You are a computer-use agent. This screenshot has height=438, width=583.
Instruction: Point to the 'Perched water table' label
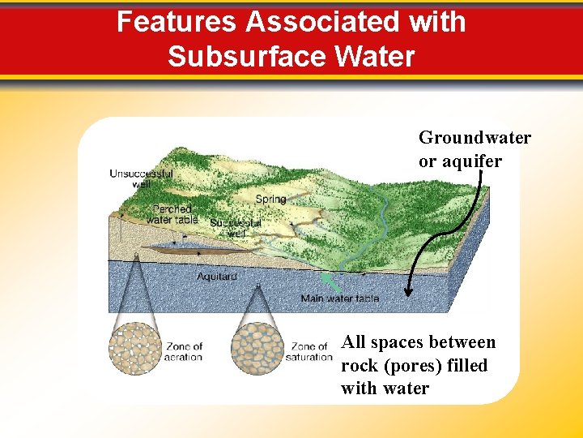(172, 214)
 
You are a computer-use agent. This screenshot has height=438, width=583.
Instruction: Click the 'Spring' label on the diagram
(270, 200)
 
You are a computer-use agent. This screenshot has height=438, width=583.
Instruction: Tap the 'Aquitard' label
(216, 277)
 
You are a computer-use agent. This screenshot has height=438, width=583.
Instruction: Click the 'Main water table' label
(339, 298)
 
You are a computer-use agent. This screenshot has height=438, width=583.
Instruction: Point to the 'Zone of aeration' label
(184, 351)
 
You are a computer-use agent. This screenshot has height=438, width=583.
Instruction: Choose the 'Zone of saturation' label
(311, 351)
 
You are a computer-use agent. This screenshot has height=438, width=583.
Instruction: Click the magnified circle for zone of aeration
(135, 348)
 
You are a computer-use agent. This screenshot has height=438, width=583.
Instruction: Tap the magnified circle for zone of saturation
(258, 348)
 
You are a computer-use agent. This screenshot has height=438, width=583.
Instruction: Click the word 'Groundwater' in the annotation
(474, 138)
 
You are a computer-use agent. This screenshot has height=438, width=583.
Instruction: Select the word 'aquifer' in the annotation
(471, 161)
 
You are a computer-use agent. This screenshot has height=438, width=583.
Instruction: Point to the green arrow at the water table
(330, 282)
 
